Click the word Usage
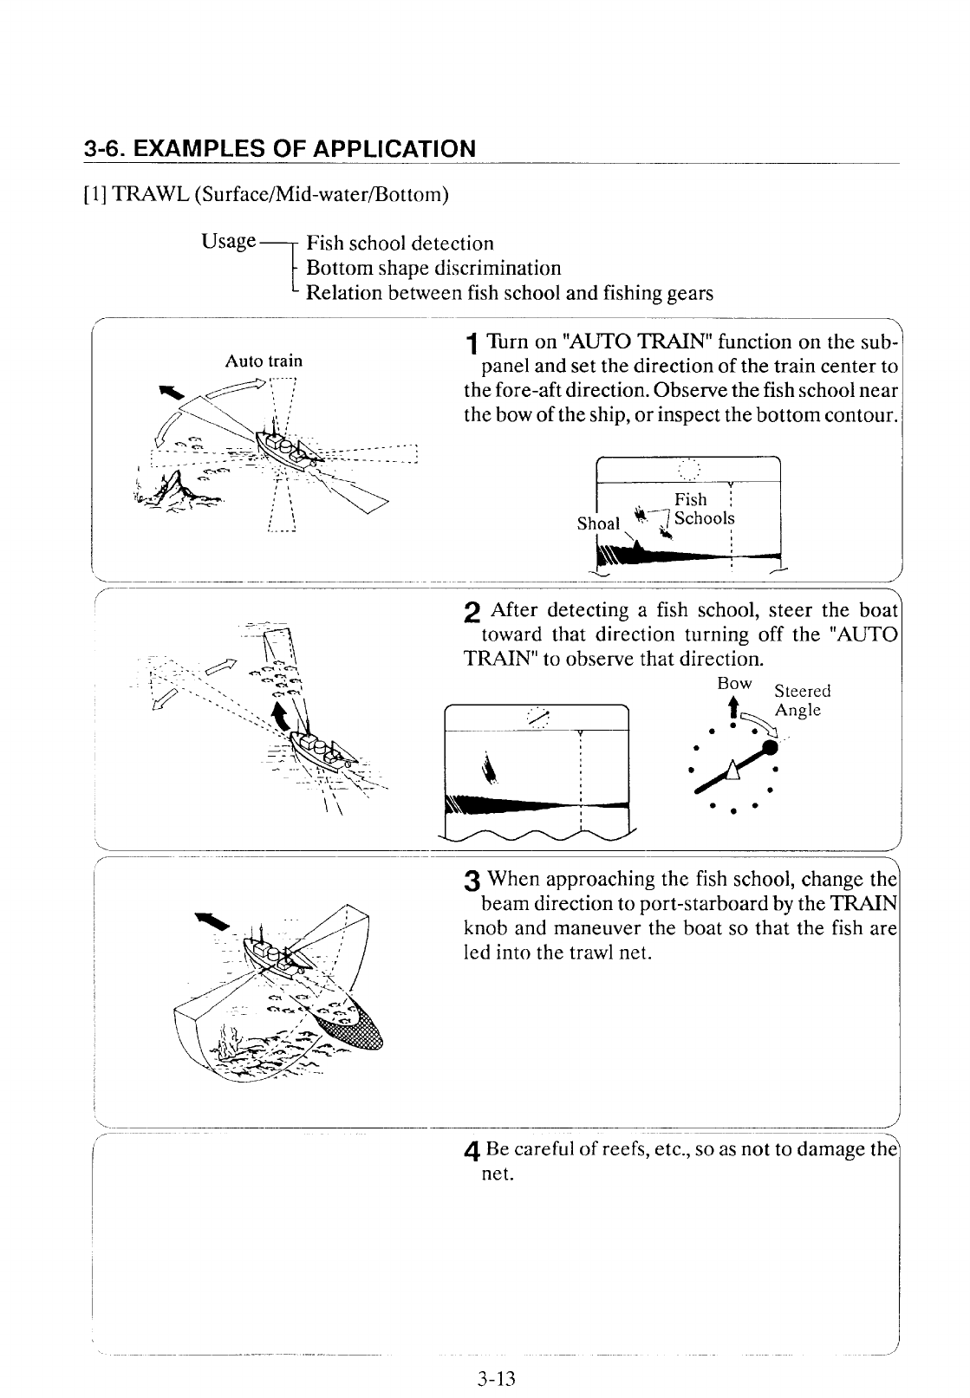click(228, 241)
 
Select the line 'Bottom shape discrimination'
click(433, 268)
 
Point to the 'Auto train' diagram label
click(264, 361)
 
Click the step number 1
click(469, 345)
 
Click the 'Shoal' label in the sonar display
click(598, 523)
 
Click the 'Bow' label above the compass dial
click(732, 684)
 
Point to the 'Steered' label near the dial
click(802, 691)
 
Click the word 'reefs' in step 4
click(596, 1150)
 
